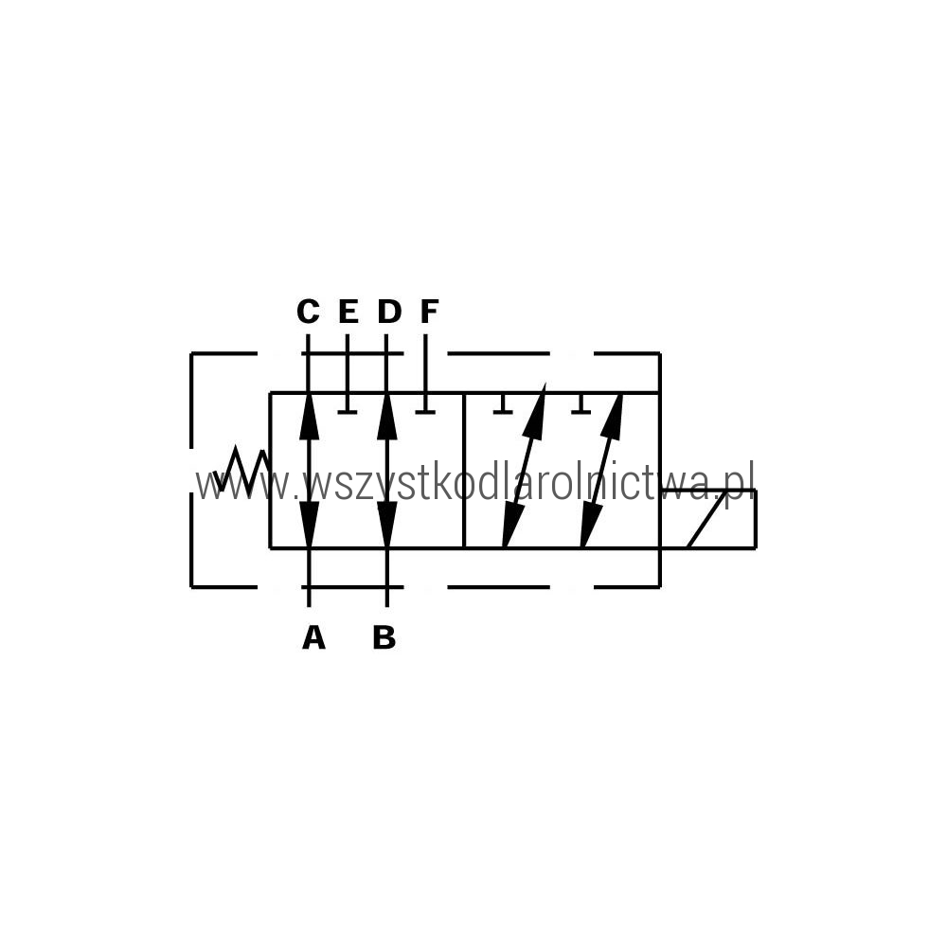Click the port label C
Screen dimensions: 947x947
click(308, 312)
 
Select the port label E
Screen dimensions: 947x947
click(348, 312)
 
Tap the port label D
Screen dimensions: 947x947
click(389, 312)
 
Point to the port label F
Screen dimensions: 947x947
click(429, 312)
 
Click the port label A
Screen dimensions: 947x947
click(313, 637)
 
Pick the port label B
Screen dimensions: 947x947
click(384, 637)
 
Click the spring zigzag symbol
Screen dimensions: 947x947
click(241, 470)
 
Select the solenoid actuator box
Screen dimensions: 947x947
click(708, 519)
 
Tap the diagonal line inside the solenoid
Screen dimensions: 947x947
click(706, 519)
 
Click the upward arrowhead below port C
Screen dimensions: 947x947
click(309, 417)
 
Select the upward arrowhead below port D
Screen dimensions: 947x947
click(386, 417)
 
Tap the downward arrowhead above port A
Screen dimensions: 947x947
click(309, 525)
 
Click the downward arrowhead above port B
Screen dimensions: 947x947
click(386, 525)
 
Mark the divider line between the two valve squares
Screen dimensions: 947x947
click(464, 471)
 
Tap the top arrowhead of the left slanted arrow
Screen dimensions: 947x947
click(536, 406)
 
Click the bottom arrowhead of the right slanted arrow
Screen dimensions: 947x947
click(589, 525)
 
